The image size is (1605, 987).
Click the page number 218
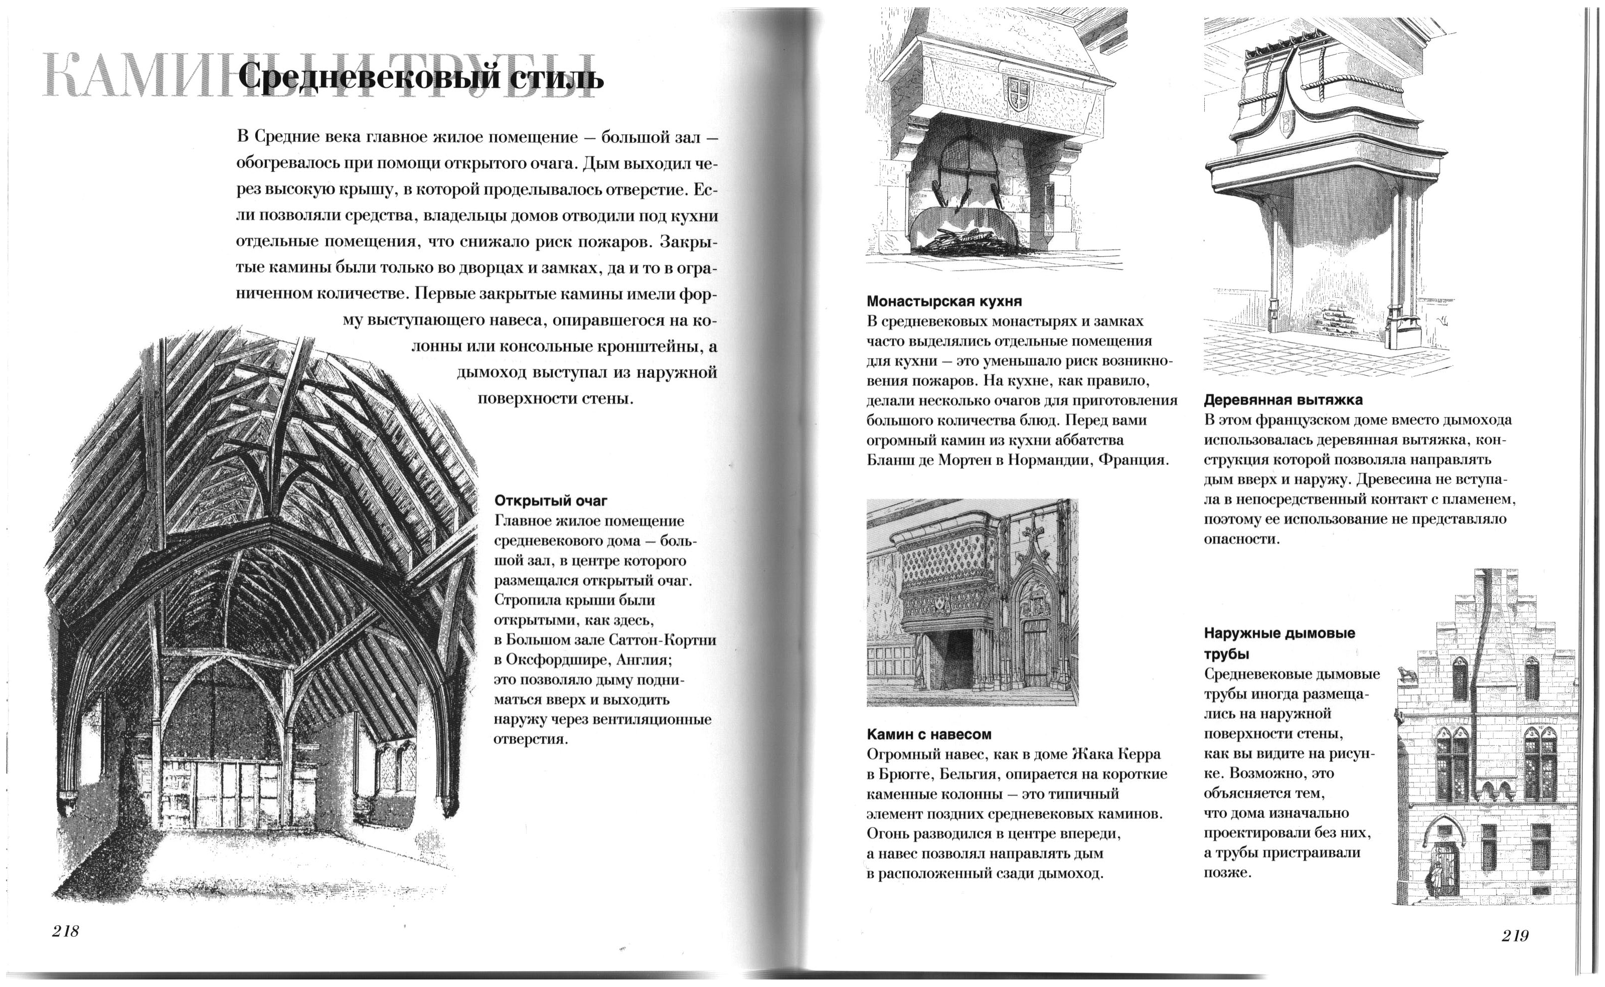[65, 931]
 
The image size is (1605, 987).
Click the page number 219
[1515, 935]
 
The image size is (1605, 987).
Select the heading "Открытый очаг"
[551, 501]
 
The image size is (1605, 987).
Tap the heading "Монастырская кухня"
[944, 301]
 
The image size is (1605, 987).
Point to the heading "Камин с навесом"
[929, 734]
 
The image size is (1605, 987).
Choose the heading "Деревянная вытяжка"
[1283, 400]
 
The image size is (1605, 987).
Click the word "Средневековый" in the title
[362, 78]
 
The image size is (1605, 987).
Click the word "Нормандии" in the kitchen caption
[1050, 459]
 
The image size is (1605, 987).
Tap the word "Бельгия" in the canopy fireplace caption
[968, 774]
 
